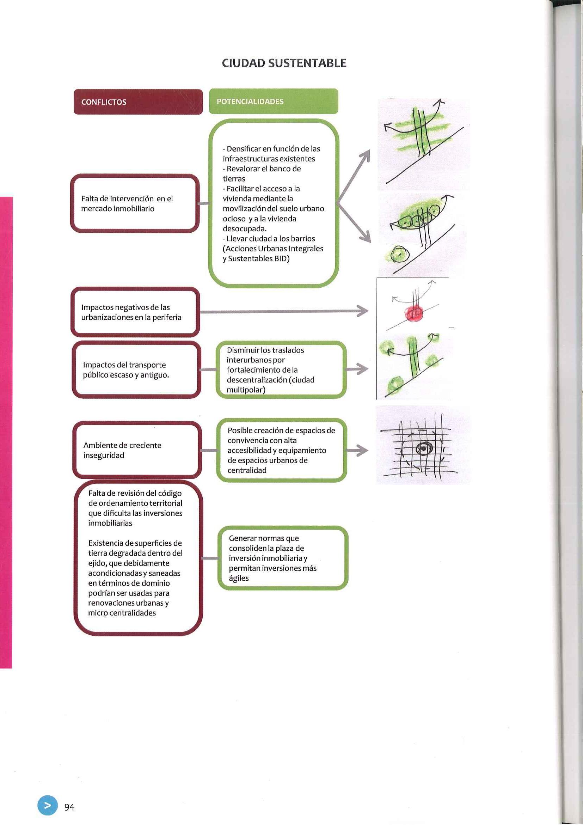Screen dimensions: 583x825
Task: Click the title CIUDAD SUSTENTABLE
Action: point(284,63)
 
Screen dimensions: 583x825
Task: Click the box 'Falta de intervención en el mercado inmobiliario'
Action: point(135,203)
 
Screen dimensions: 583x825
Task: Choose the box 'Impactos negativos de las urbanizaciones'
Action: point(135,312)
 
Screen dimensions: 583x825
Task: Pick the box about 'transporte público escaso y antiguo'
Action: point(136,370)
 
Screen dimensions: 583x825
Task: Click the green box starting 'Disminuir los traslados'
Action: point(281,370)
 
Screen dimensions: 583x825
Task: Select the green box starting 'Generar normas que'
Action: point(283,558)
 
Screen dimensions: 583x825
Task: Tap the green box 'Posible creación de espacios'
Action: point(281,450)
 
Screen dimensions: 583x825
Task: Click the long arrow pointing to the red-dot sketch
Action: point(284,311)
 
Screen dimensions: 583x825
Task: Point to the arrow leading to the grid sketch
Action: point(357,450)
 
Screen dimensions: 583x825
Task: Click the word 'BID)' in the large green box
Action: point(282,259)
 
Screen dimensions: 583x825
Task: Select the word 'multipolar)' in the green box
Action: point(246,390)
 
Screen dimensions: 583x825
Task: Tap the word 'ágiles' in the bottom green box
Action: point(239,578)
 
